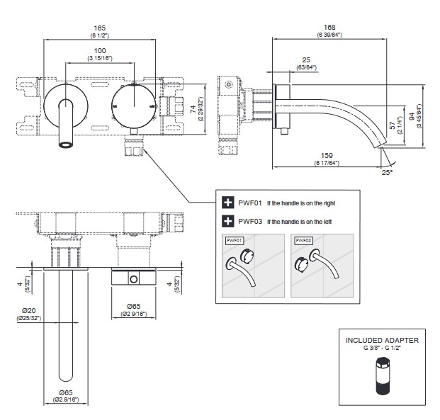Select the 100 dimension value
click(x=99, y=52)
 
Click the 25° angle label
click(x=386, y=172)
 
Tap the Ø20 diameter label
click(x=29, y=310)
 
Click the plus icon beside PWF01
click(x=228, y=203)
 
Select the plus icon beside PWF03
click(x=228, y=222)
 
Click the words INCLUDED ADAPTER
click(x=382, y=341)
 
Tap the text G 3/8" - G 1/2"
click(x=382, y=348)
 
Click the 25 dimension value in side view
click(x=305, y=60)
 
